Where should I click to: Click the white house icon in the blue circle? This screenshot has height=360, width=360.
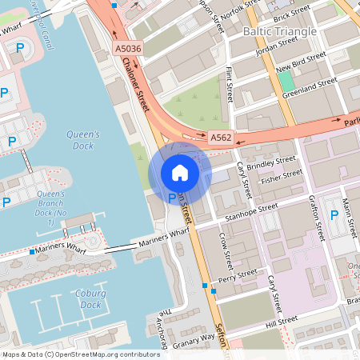point(180,172)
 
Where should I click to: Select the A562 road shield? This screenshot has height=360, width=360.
point(222,138)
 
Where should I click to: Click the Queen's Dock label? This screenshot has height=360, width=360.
point(83,140)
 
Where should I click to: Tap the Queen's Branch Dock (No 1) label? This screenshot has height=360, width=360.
point(50,207)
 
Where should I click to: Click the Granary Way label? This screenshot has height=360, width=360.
point(195,338)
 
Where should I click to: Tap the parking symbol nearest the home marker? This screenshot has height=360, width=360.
point(171,198)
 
